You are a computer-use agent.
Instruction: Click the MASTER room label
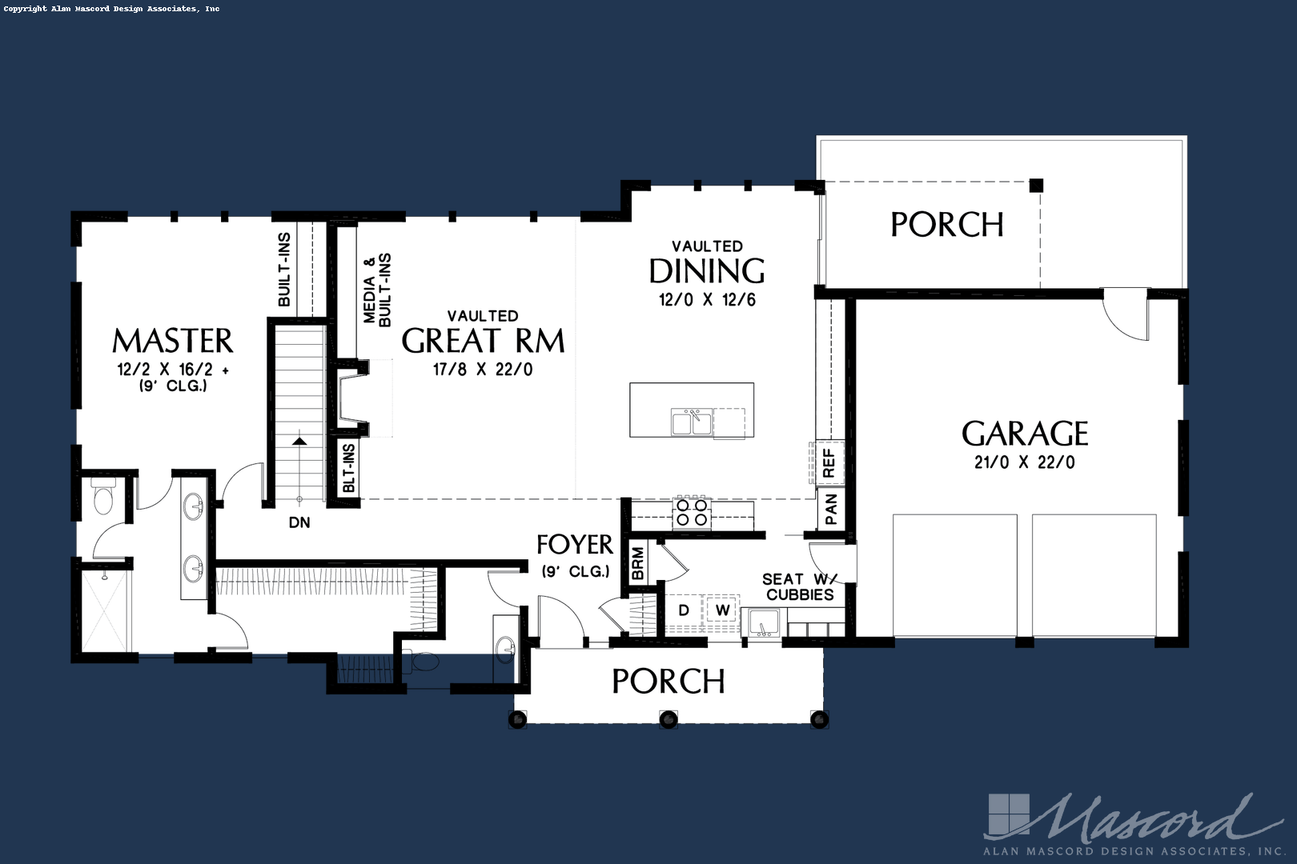pos(172,342)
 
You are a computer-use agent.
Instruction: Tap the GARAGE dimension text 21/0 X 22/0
pos(1024,462)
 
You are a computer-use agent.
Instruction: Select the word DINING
pos(706,272)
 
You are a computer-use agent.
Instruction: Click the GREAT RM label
pos(483,342)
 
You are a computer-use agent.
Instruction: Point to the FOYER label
pos(574,546)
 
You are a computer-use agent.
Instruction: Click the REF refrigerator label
pos(829,463)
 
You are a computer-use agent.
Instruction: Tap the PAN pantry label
pos(831,510)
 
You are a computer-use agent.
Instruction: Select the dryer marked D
pos(684,610)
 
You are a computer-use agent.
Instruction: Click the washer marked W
pos(722,610)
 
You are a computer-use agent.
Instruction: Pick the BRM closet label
pos(637,563)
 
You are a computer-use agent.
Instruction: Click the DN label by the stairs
pos(299,523)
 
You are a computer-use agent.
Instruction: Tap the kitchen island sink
pos(692,421)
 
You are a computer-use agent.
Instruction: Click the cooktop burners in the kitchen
pos(692,512)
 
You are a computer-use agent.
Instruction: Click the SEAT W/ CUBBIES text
pos(798,586)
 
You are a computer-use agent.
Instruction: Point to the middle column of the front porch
pos(669,719)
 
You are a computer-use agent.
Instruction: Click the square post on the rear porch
pos(1036,186)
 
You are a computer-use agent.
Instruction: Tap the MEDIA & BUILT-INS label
pos(377,290)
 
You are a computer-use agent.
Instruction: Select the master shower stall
pos(104,609)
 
